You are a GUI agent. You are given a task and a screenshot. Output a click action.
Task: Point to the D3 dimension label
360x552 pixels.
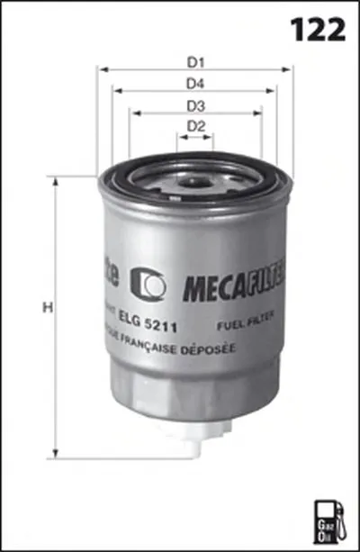(x=196, y=106)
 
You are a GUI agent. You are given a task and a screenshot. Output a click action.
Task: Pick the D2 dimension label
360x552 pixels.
(x=196, y=128)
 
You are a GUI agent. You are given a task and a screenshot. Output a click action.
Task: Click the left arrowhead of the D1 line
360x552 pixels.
(x=102, y=69)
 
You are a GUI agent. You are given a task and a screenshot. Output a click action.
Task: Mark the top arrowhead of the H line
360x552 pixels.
(x=57, y=181)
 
